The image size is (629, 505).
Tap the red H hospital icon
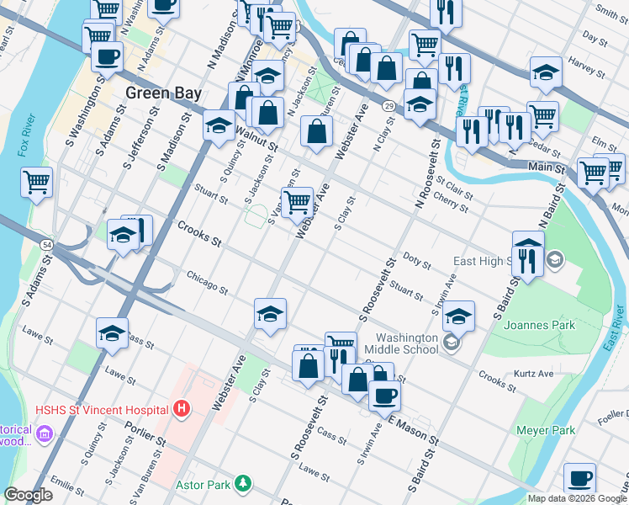pyautogui.click(x=181, y=410)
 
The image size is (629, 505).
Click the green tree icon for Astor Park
pyautogui.click(x=243, y=484)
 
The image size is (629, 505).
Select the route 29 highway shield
pyautogui.click(x=388, y=105)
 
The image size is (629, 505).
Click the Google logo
pyautogui.click(x=28, y=495)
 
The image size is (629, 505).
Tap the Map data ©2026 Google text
pyautogui.click(x=577, y=498)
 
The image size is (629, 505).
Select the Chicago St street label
pyautogui.click(x=207, y=282)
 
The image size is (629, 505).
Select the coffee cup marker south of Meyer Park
pyautogui.click(x=579, y=478)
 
